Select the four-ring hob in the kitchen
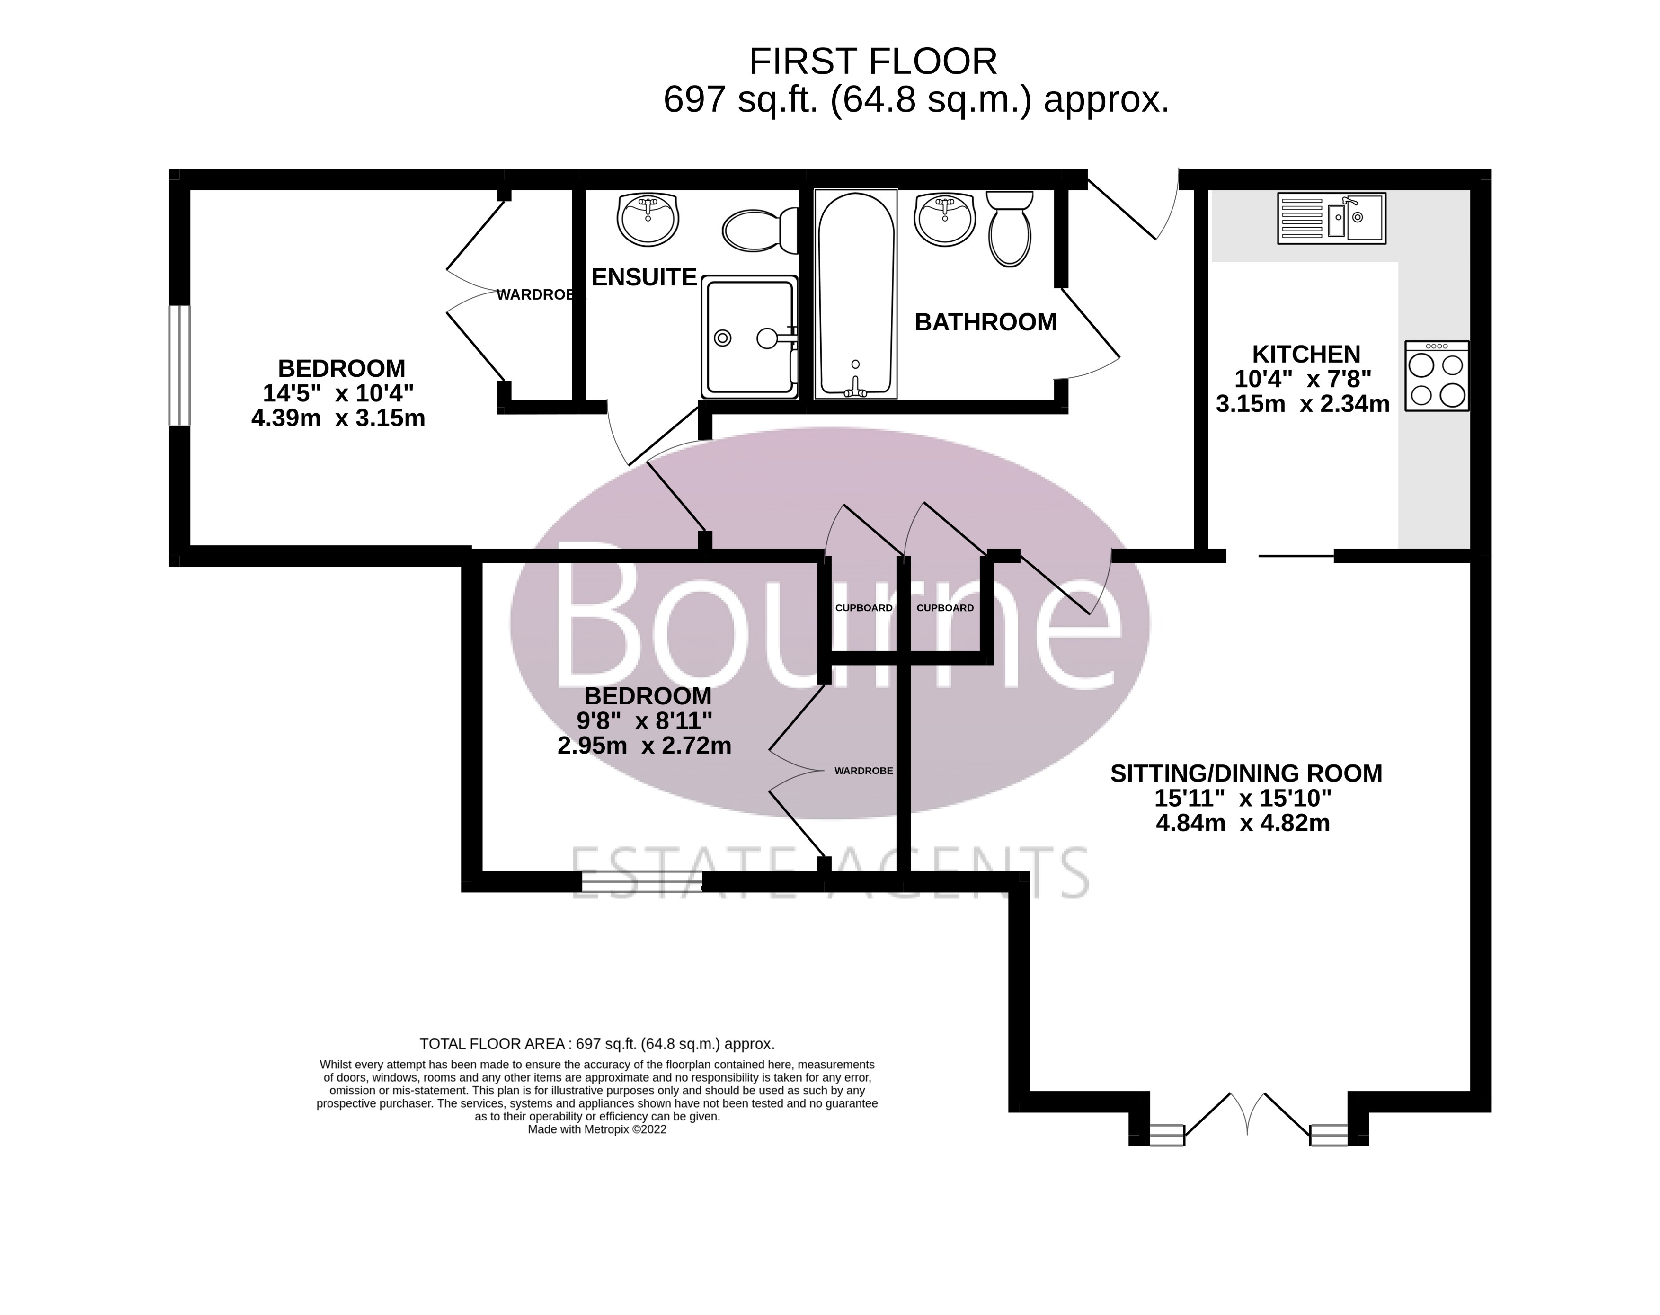(x=1437, y=376)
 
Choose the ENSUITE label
(x=644, y=277)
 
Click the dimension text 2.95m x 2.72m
(x=644, y=745)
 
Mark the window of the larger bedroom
(x=179, y=365)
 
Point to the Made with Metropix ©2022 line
(x=597, y=1129)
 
